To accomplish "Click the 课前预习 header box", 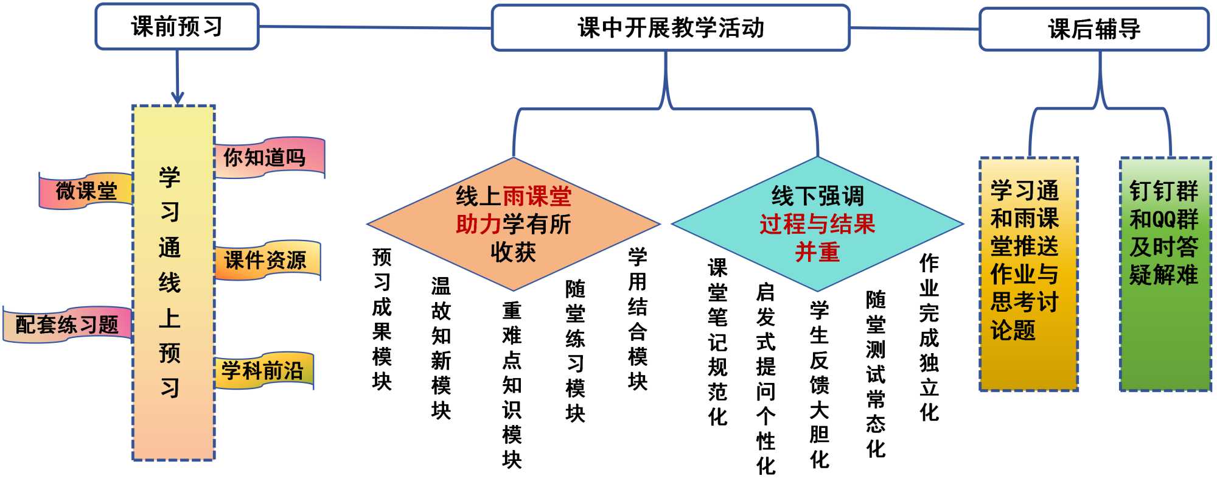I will (177, 27).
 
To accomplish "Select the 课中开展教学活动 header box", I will (671, 28).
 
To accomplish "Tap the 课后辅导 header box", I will (1094, 29).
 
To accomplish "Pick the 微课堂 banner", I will (86, 191).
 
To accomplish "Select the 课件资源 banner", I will (265, 261).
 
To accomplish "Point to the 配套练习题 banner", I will (67, 325).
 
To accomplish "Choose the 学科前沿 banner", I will (262, 370).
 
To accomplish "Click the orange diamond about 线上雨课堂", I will (514, 224).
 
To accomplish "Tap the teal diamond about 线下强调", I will (817, 224).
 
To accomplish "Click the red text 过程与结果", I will (817, 224).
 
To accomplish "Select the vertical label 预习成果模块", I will (382, 319).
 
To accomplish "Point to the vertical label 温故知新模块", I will (441, 348).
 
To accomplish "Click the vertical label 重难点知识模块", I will (512, 385).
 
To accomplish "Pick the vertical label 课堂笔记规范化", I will (718, 342).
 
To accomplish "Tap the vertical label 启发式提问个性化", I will (765, 379).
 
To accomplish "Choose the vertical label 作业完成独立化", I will (929, 338).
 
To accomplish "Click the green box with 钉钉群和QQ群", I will (1165, 274).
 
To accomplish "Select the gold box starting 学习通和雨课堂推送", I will (1028, 274).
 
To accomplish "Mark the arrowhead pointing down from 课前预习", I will (177, 99).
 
